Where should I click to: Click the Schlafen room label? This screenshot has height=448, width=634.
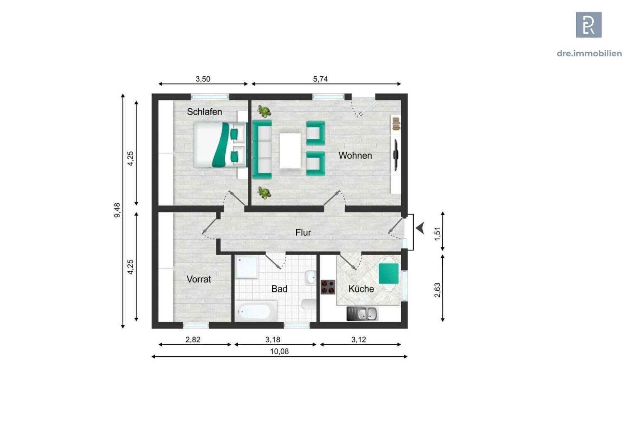tap(205, 112)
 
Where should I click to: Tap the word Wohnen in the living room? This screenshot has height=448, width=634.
tap(355, 156)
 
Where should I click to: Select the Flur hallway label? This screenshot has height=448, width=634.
tap(303, 232)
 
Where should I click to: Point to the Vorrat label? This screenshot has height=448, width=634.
tap(199, 279)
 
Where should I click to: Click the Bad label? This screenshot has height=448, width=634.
tap(279, 289)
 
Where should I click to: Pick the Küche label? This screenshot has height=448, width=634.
tap(361, 289)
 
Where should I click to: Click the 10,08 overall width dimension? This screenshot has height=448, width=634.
tap(279, 351)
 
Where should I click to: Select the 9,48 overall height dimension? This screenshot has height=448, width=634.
tap(117, 210)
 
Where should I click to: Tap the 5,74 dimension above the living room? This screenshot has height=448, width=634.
tap(320, 79)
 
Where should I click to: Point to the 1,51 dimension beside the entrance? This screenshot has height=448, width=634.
tap(438, 234)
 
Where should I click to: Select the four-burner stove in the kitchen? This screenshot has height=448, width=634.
tap(328, 287)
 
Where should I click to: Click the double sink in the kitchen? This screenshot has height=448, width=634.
tap(363, 314)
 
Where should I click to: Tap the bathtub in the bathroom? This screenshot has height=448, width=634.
tap(256, 311)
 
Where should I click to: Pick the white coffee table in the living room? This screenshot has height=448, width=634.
tap(290, 151)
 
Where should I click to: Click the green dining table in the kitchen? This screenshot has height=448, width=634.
tap(389, 273)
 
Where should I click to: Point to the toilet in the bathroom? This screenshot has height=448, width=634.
tap(309, 304)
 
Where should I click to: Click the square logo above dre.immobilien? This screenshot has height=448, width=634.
tap(589, 25)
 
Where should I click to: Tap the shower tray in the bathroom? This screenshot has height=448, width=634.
tap(247, 267)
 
